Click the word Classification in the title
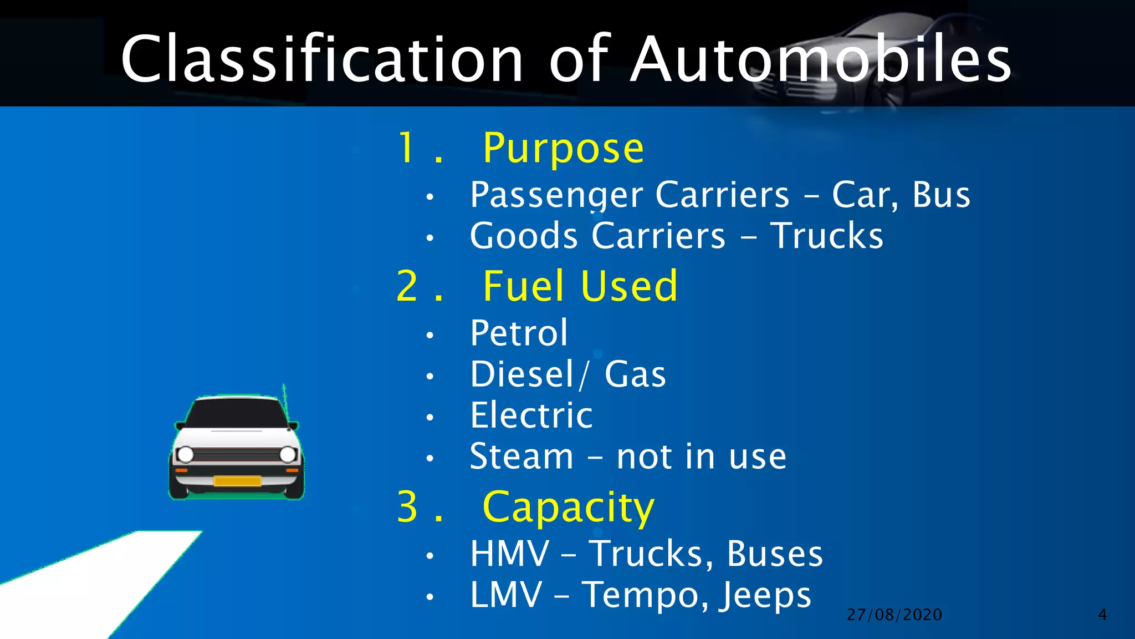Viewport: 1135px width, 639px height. [x=322, y=59]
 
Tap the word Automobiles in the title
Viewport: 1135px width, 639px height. [x=821, y=59]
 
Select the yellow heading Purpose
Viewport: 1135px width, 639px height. [x=563, y=148]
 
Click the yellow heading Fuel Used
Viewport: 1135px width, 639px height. [x=580, y=286]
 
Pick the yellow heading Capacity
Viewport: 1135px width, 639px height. [x=569, y=507]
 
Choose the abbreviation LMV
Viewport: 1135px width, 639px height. [x=506, y=595]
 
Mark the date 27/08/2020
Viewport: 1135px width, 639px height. [x=894, y=615]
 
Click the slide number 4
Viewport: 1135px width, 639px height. [x=1102, y=615]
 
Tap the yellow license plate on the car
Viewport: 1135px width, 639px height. [x=237, y=481]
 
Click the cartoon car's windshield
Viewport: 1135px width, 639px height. [x=237, y=413]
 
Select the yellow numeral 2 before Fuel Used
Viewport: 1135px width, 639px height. [x=407, y=286]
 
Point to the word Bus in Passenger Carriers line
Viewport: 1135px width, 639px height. [x=941, y=195]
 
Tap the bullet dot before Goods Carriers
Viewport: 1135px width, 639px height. [x=430, y=238]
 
